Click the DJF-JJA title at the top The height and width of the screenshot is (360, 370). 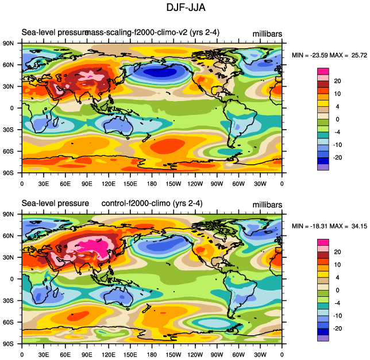coord(185,7)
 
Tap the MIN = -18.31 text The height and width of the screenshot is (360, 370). coord(311,225)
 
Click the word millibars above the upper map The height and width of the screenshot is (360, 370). coord(267,33)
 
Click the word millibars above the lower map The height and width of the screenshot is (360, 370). coord(267,204)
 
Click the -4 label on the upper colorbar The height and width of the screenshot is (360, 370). coord(338,131)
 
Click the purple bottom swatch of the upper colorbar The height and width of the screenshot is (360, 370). coord(323,167)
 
